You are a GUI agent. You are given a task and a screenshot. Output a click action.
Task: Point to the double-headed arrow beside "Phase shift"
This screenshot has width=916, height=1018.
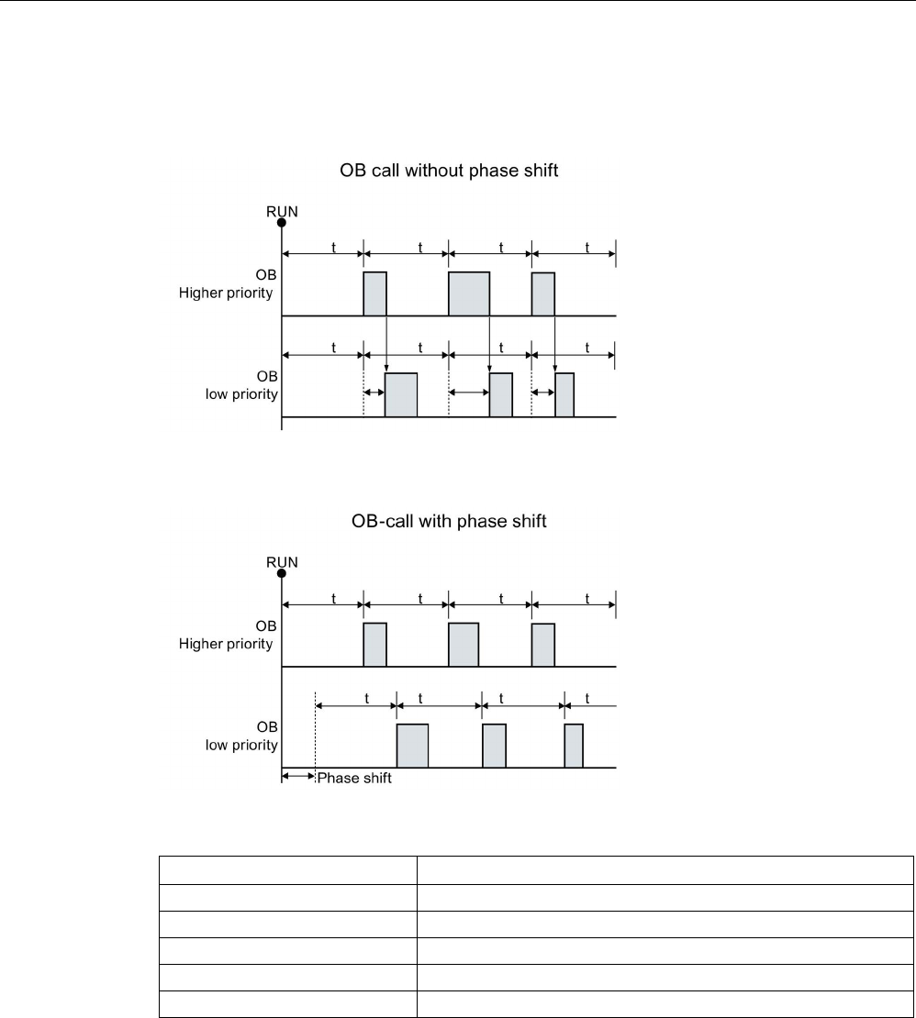pos(297,776)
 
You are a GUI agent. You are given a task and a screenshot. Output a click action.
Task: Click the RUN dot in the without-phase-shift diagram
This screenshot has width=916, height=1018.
pos(282,222)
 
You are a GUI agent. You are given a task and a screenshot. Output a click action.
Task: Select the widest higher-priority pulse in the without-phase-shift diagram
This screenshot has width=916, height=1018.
pos(469,293)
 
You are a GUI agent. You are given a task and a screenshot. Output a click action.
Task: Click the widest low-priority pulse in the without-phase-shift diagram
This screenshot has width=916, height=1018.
pos(401,395)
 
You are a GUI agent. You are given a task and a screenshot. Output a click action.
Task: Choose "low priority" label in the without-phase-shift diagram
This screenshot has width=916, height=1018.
pos(242,394)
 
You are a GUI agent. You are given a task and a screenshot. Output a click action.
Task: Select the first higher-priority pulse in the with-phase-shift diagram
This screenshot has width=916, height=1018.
pos(375,644)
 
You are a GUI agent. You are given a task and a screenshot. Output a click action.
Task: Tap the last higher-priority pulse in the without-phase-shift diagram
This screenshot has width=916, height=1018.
pos(543,293)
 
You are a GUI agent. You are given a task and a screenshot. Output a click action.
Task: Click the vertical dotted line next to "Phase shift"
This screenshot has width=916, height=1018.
pos(315,734)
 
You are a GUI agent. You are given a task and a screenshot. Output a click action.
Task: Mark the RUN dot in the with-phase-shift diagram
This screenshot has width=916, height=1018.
pos(282,573)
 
